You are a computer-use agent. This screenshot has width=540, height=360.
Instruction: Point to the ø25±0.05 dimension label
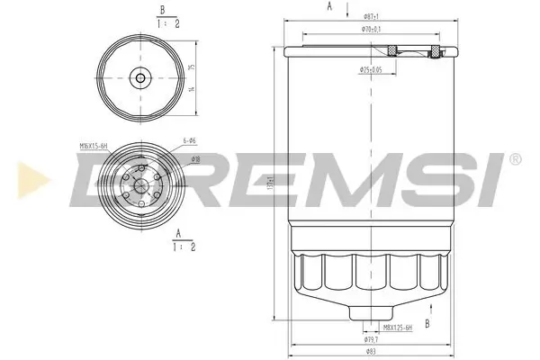[x=372, y=69]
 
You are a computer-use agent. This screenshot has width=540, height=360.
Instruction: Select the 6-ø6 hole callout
[x=189, y=140]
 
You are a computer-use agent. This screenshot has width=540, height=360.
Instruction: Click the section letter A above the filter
[x=329, y=6]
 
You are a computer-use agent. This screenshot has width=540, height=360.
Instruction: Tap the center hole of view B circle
[x=139, y=77]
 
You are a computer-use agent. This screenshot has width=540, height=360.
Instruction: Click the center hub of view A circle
[x=139, y=189]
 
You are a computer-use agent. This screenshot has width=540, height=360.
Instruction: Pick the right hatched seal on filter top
[x=436, y=53]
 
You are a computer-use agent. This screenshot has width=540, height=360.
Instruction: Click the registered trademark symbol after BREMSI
[x=515, y=159]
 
